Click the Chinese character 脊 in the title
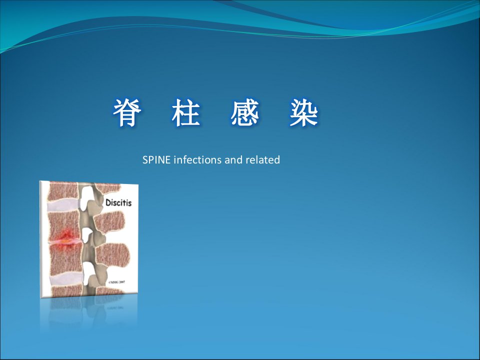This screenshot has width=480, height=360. click(127, 112)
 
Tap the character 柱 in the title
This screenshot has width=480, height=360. click(186, 112)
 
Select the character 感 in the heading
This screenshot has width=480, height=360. click(245, 112)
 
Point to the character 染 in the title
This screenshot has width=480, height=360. click(303, 112)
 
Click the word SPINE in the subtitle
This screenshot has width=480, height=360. click(156, 160)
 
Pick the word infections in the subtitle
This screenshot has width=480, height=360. click(197, 160)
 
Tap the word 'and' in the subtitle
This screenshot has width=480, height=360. click(233, 160)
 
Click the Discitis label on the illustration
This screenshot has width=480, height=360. click(118, 202)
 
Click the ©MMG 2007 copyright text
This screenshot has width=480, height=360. click(116, 282)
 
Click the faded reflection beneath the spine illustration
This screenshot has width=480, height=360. click(89, 312)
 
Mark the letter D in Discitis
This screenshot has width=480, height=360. click(108, 202)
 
